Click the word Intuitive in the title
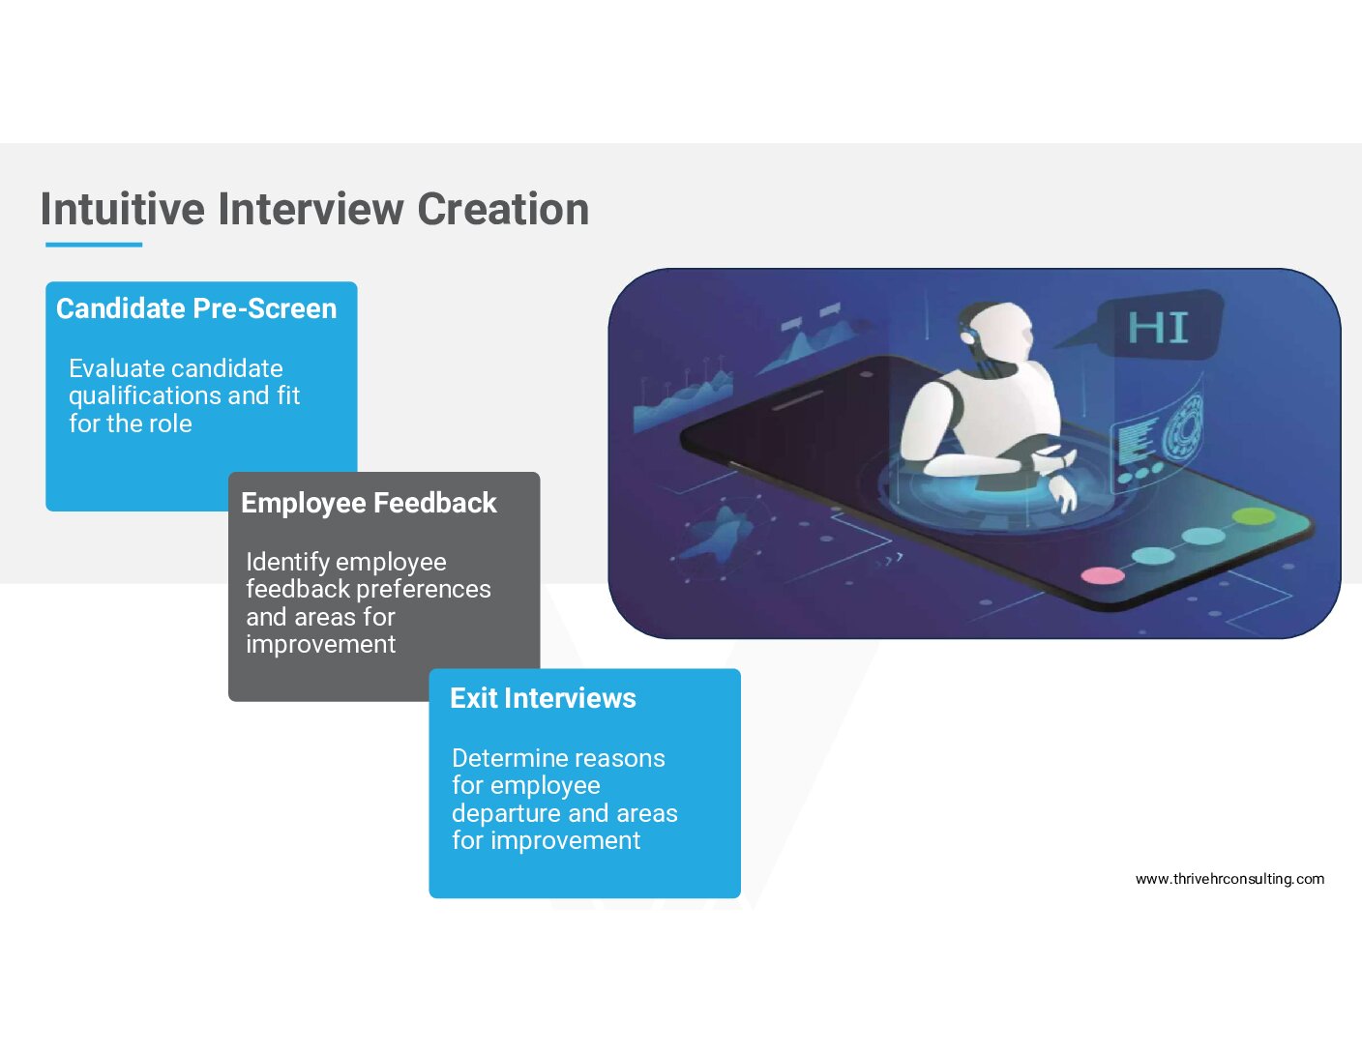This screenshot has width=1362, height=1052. click(x=122, y=209)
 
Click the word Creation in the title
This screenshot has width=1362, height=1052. click(x=503, y=209)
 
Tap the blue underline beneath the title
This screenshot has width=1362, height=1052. click(x=94, y=245)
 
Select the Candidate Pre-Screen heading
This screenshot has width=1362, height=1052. click(x=196, y=308)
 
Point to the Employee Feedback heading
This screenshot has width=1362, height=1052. click(x=369, y=503)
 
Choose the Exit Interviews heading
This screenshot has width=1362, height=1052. click(x=543, y=698)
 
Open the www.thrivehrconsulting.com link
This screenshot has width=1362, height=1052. click(x=1229, y=879)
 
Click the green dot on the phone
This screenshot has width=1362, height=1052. click(x=1254, y=516)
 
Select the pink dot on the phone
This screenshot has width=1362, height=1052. click(x=1103, y=575)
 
